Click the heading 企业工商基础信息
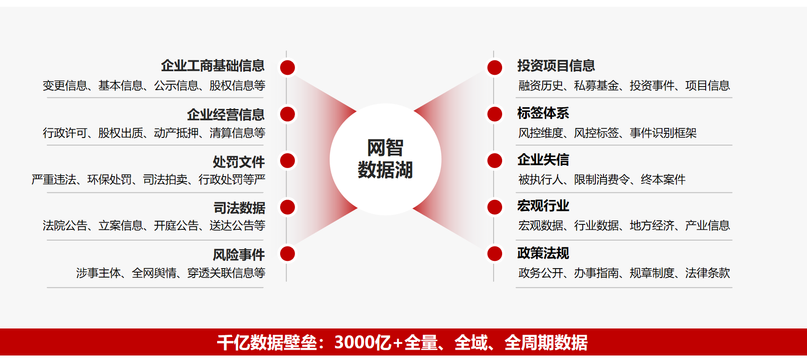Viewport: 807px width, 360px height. click(x=213, y=66)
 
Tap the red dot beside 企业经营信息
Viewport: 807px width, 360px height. click(x=287, y=114)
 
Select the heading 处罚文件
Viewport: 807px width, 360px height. click(x=239, y=162)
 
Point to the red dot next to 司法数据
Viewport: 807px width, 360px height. click(x=287, y=207)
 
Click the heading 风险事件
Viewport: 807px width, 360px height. click(x=239, y=255)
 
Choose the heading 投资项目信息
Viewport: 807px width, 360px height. click(x=556, y=66)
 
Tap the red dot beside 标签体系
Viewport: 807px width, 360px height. click(x=494, y=114)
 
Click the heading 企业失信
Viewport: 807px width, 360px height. click(x=543, y=159)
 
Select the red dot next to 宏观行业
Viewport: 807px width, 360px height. click(x=494, y=207)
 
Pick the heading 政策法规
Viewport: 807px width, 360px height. click(x=543, y=253)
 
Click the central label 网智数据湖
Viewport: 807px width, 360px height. click(x=385, y=159)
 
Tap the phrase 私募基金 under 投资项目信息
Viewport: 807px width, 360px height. click(x=596, y=86)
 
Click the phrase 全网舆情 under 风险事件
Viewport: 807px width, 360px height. click(x=154, y=273)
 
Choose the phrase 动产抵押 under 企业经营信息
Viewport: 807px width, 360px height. click(x=176, y=133)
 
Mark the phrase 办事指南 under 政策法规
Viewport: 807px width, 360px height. click(x=596, y=273)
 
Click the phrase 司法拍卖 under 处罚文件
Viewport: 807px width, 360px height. click(x=165, y=180)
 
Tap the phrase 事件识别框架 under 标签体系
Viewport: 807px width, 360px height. click(x=663, y=133)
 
